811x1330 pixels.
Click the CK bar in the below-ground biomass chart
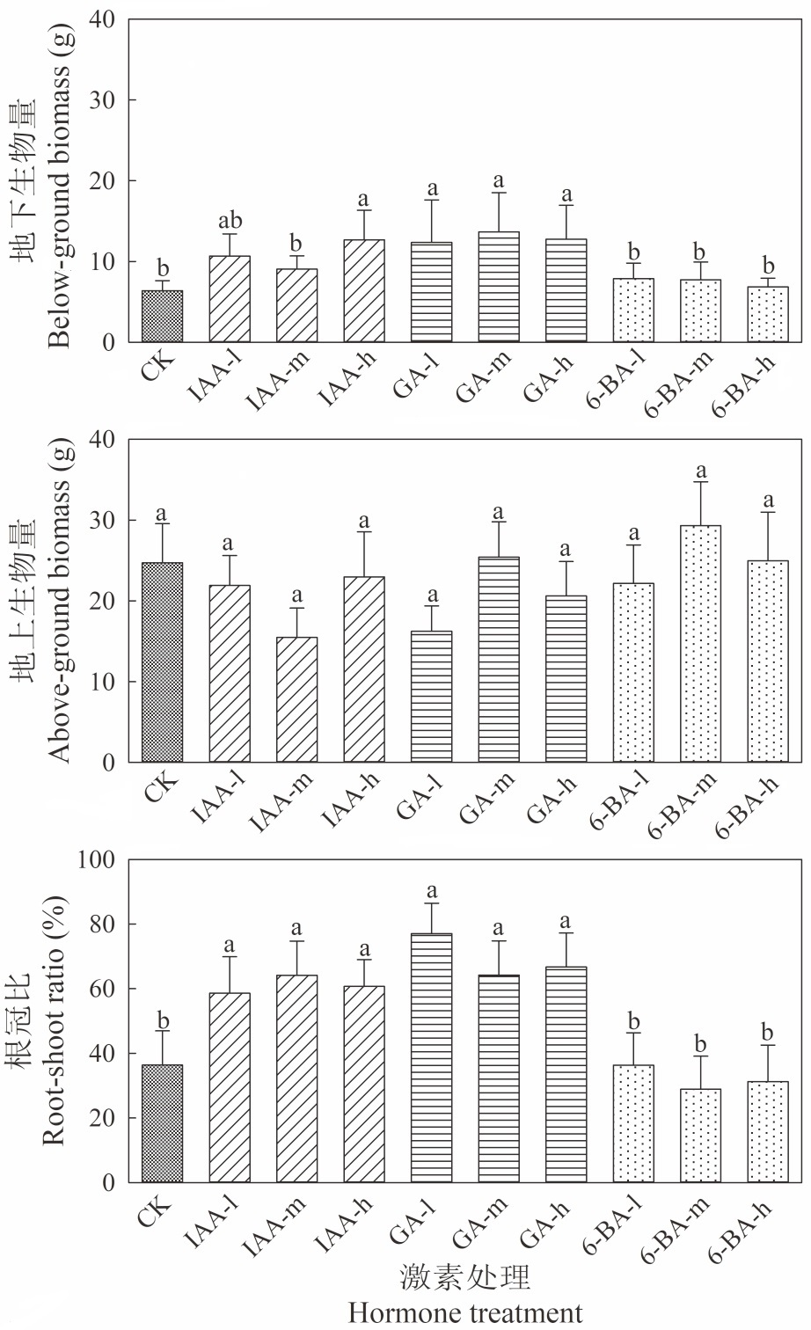tap(162, 316)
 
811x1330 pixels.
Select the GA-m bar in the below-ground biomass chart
tap(499, 287)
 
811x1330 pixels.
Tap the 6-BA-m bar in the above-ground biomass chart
tap(700, 644)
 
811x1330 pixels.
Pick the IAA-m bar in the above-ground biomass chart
tap(296, 699)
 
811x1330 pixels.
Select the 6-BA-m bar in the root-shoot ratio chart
tap(700, 1136)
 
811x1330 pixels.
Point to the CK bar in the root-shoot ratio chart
tap(162, 1123)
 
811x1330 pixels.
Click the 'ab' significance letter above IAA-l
tap(230, 221)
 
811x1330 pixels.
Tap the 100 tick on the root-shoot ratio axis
tap(96, 859)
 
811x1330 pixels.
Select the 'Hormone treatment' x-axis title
tap(464, 1312)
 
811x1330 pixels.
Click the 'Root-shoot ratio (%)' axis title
tap(54, 1020)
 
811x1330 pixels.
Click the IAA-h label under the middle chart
tap(350, 800)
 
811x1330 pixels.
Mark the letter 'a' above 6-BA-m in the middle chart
tap(701, 471)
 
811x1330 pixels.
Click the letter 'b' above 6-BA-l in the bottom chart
tap(633, 1021)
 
